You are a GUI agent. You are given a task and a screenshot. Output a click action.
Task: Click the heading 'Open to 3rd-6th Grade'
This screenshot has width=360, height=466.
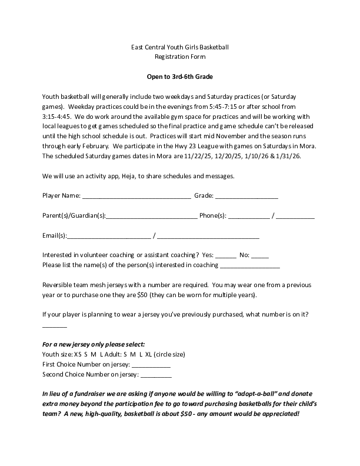point(180,76)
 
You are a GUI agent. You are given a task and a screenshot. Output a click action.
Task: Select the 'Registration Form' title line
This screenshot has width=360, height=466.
point(180,57)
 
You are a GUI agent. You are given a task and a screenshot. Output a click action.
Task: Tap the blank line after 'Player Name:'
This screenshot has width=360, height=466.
point(136,195)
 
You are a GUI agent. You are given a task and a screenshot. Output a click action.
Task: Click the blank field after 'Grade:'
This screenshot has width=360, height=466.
point(246,195)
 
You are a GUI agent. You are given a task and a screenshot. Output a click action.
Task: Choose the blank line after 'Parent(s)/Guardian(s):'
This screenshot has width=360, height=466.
point(152,216)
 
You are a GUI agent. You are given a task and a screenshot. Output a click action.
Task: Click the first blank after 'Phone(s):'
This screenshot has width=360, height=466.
point(249,216)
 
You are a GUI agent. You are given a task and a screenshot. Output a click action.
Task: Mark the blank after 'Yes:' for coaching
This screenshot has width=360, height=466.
point(226,255)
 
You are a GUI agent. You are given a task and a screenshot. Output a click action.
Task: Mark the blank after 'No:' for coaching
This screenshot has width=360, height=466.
point(260,255)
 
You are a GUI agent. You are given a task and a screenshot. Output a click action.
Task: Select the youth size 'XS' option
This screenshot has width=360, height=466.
point(78,355)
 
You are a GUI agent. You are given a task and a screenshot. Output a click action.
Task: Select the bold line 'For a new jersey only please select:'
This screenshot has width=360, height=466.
point(94,344)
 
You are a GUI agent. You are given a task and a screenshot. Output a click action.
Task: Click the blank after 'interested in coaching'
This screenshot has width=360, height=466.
point(249,265)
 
